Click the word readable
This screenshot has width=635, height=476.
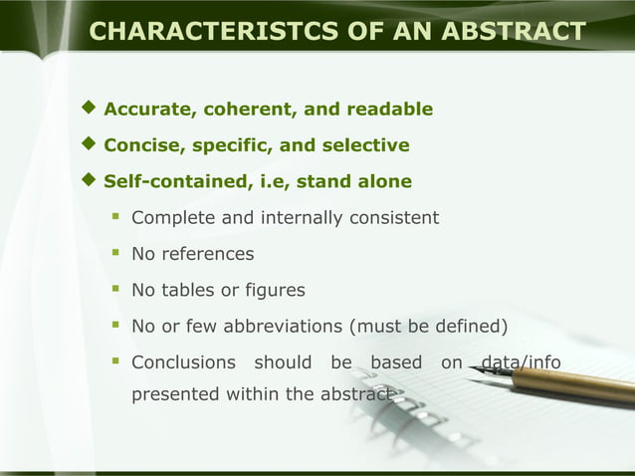pyautogui.click(x=388, y=110)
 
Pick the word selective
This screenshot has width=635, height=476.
pyautogui.click(x=365, y=146)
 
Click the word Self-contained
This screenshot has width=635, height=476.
pyautogui.click(x=167, y=182)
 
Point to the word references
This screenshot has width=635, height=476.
pyautogui.click(x=208, y=254)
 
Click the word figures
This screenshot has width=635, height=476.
pyautogui.click(x=273, y=291)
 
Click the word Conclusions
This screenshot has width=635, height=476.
pyautogui.click(x=183, y=362)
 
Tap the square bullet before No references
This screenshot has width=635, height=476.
pyautogui.click(x=115, y=253)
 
